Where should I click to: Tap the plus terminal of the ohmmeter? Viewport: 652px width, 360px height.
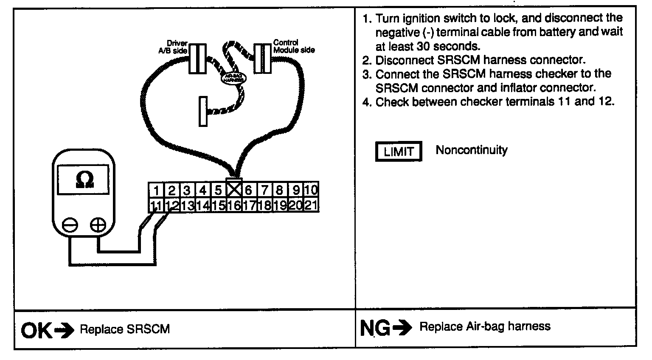tap(98, 225)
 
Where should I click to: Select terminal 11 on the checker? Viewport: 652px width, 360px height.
tap(156, 205)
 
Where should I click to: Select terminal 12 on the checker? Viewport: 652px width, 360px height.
tap(172, 205)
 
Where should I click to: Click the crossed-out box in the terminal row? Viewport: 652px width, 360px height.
tap(234, 189)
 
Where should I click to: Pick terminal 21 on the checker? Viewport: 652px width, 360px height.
tap(311, 205)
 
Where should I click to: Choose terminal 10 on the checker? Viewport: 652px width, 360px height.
tap(311, 189)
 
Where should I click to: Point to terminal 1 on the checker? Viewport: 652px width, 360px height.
tap(157, 190)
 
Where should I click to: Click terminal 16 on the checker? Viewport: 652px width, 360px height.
tap(234, 205)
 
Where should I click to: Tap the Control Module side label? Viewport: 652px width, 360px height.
tap(294, 46)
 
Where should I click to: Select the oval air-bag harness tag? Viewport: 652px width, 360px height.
tap(233, 78)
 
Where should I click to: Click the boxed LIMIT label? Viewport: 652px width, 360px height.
tap(398, 152)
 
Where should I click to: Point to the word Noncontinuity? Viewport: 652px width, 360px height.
tap(471, 150)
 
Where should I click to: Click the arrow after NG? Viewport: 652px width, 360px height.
tap(402, 327)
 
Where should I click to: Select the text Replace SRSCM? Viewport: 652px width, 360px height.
tap(125, 329)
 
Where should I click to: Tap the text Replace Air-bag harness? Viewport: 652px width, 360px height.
tap(485, 326)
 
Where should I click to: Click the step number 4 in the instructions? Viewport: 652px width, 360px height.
tap(366, 102)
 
